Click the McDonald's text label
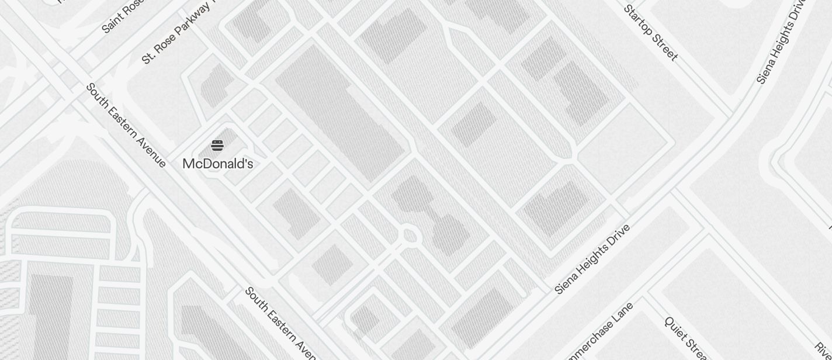coord(217,164)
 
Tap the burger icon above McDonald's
coord(217,146)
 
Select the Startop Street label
coord(650,33)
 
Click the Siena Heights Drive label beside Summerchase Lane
coord(592,258)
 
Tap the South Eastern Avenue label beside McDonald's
coord(126,125)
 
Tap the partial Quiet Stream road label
coord(687,339)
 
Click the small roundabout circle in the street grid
coord(410,236)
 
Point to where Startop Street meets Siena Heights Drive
coord(730,114)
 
